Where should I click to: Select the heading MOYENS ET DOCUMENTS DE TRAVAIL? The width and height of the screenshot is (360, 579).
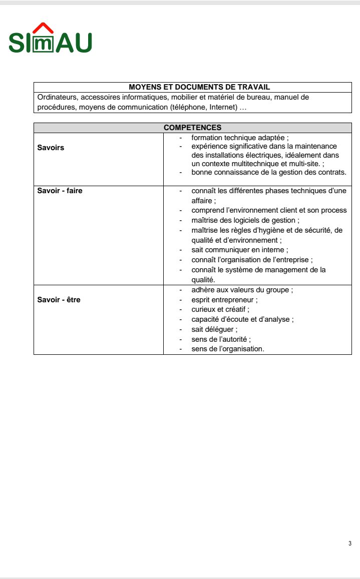tap(192, 87)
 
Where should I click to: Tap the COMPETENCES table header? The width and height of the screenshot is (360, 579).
tap(192, 128)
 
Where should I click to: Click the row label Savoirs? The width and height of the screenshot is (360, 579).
tap(51, 148)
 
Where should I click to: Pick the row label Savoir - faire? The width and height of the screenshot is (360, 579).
tap(60, 191)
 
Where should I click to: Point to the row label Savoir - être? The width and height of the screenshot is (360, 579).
tap(59, 300)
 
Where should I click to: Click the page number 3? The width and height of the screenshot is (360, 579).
tap(349, 543)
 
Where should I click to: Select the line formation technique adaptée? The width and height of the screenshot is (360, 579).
tap(240, 137)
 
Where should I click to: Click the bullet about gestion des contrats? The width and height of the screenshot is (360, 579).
tap(268, 172)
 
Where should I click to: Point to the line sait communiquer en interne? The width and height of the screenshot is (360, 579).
tap(239, 250)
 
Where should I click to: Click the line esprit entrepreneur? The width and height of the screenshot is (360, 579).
tap(224, 300)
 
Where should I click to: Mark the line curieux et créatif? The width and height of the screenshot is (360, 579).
tap(220, 310)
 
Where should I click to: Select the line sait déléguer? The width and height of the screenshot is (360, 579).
tap(214, 329)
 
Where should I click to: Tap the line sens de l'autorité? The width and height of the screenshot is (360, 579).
tap(221, 339)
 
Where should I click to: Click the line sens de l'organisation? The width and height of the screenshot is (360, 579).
tap(227, 349)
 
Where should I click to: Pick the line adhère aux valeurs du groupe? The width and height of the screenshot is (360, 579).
tap(242, 290)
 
